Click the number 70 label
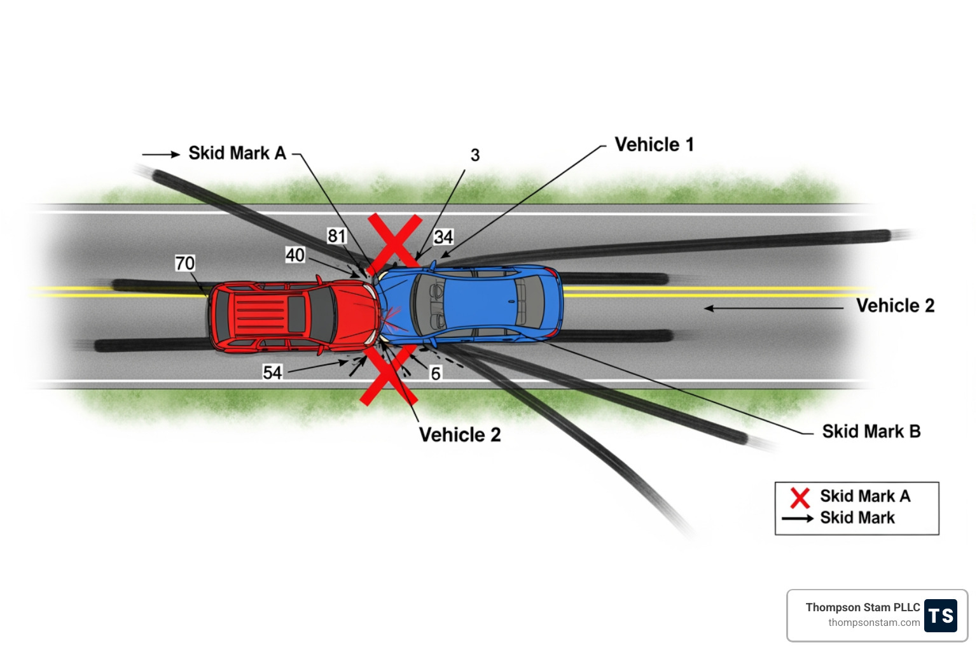[184, 263]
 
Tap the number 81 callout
[336, 236]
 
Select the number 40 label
[294, 255]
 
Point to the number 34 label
[443, 237]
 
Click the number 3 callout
[475, 155]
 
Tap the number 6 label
[436, 374]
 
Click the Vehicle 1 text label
[654, 145]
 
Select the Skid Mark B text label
[871, 432]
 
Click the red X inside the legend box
[800, 497]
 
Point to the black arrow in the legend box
[798, 518]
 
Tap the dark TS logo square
[940, 616]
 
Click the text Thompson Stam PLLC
[863, 607]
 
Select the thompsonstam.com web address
[873, 623]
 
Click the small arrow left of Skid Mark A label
[161, 154]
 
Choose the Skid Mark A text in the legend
[865, 496]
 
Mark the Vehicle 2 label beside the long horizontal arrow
[895, 306]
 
